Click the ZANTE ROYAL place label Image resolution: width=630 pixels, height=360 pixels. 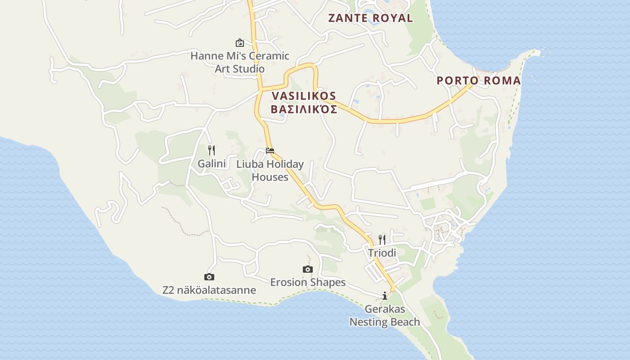point(370,18)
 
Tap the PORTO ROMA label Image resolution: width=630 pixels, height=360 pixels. point(479,81)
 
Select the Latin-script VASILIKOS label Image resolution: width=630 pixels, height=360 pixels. point(304,96)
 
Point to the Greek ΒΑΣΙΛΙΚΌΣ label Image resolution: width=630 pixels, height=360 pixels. point(304,109)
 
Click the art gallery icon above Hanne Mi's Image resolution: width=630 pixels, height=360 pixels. point(240,43)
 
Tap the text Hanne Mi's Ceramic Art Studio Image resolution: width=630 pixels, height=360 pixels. point(240,63)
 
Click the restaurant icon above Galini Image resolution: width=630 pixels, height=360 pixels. point(211,150)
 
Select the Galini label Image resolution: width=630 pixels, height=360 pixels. point(211,163)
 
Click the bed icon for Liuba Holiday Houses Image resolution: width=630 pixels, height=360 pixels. point(270,150)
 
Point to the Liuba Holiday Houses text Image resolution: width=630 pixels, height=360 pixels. point(270,171)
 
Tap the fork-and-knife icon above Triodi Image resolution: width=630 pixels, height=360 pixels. point(382,239)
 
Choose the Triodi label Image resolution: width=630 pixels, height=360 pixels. point(382,253)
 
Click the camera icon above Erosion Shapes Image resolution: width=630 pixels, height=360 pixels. point(308,269)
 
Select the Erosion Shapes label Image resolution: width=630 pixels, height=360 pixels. point(308,282)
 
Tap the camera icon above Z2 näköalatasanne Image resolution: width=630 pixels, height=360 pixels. point(209,277)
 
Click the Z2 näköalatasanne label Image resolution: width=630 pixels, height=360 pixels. point(209,290)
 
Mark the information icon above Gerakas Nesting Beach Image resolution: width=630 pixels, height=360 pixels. point(385,296)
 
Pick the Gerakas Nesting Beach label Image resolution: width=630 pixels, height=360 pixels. point(385,315)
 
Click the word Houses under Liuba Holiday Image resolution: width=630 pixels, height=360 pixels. point(270,177)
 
